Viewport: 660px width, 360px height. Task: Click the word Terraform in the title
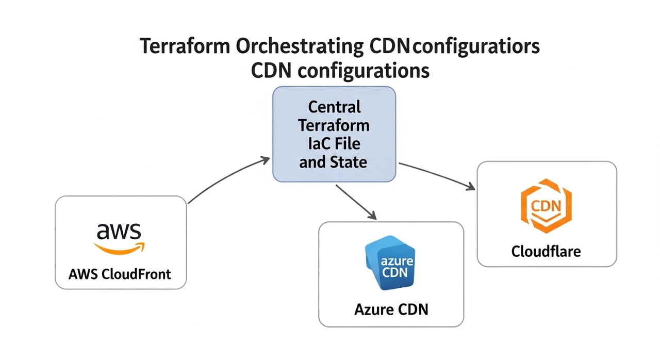click(184, 46)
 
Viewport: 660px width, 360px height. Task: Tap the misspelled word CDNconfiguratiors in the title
click(455, 46)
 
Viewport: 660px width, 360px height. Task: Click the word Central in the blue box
click(334, 107)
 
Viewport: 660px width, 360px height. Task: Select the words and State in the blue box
click(334, 162)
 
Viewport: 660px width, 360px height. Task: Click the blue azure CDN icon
click(391, 264)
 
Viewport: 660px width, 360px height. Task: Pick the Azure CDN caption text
click(391, 309)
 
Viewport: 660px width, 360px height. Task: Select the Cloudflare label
click(546, 251)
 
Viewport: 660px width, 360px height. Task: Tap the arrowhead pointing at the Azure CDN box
click(371, 215)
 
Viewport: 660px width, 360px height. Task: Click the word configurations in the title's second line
click(364, 70)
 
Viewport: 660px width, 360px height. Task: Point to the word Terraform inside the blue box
click(334, 125)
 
